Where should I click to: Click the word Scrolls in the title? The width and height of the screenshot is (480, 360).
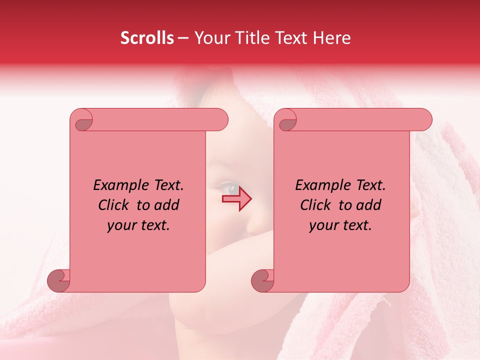pyautogui.click(x=147, y=38)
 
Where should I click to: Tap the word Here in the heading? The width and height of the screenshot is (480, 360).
pyautogui.click(x=331, y=38)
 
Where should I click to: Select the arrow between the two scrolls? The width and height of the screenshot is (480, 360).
pyautogui.click(x=237, y=199)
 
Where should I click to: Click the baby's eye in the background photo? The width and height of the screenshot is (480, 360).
pyautogui.click(x=229, y=188)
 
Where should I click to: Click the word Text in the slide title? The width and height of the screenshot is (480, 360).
pyautogui.click(x=291, y=38)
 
